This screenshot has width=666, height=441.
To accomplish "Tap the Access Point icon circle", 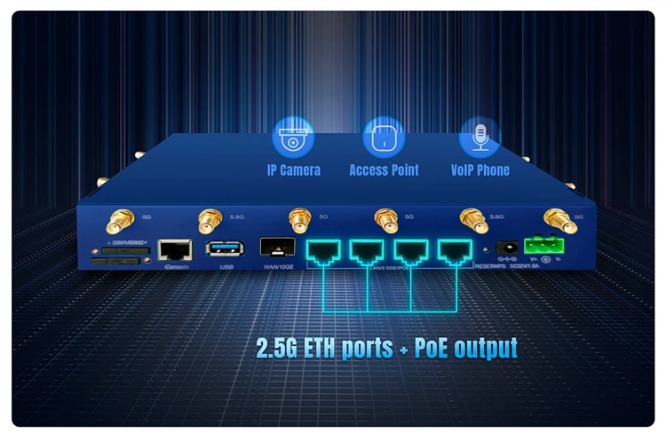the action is (x=384, y=138).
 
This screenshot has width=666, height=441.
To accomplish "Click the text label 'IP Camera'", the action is (x=293, y=169).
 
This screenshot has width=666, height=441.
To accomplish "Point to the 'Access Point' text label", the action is (x=384, y=169).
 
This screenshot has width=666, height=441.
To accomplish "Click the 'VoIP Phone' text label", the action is (x=480, y=169).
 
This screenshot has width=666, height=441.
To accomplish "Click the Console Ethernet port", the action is (x=174, y=249).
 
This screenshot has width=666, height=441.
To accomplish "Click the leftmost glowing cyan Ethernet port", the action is (x=325, y=250).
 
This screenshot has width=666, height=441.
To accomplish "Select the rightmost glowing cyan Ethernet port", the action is (x=455, y=250).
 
